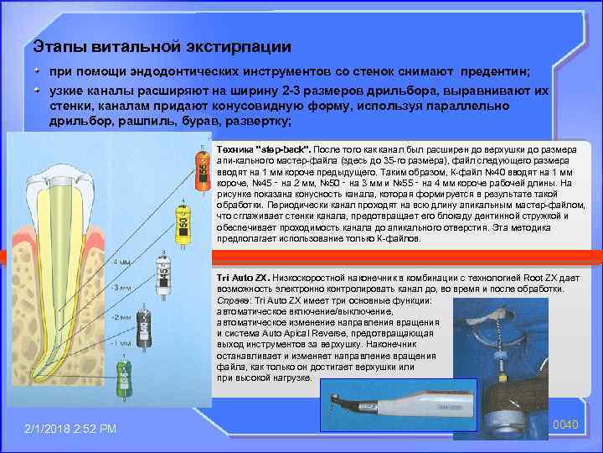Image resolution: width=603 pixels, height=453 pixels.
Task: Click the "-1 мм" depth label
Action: coord(121,343)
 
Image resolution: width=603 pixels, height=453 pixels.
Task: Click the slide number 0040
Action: coord(567,425)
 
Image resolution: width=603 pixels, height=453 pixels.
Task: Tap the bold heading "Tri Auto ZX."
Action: coord(242,278)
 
